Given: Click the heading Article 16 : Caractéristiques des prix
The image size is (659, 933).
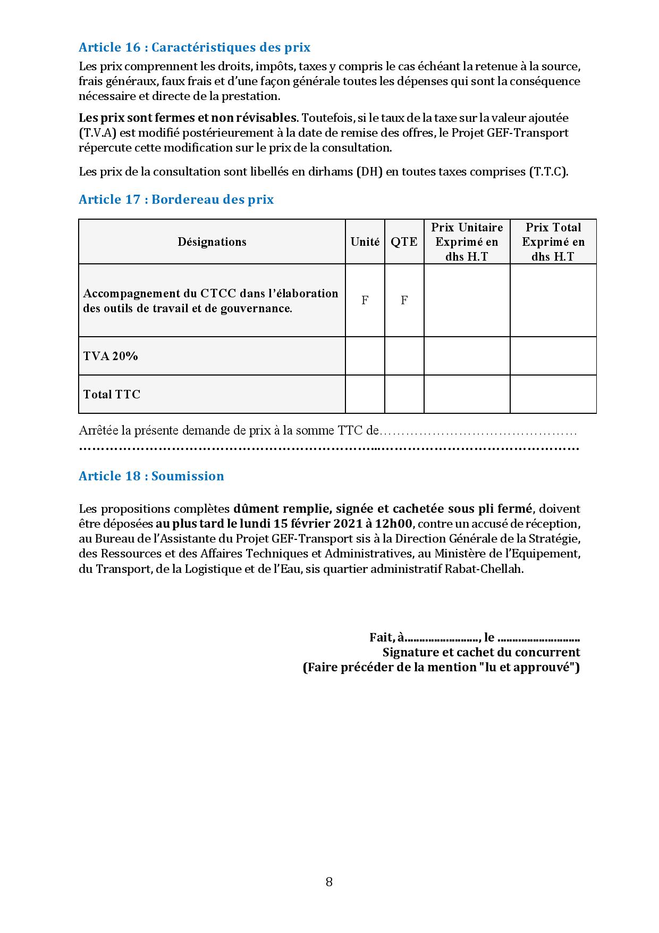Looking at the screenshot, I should click(x=195, y=47).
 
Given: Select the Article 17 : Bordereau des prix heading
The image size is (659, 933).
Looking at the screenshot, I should click(x=176, y=199).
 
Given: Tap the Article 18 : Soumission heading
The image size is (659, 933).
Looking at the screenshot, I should click(x=151, y=476).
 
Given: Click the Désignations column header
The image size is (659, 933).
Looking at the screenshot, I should click(x=212, y=242).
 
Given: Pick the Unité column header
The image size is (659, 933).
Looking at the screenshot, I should click(x=365, y=242).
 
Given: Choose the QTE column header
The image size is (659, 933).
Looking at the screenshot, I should click(x=404, y=242).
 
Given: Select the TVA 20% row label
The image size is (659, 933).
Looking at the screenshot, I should click(x=111, y=356).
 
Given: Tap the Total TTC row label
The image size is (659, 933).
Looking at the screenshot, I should click(x=112, y=395).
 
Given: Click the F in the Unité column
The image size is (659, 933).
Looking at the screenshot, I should click(x=365, y=301).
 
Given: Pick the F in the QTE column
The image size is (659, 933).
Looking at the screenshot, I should click(x=404, y=301).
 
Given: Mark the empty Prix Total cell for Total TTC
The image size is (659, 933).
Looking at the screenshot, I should click(x=553, y=395).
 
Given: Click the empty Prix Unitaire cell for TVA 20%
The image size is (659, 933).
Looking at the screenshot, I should click(x=467, y=356).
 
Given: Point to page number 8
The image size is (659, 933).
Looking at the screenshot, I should click(x=329, y=882).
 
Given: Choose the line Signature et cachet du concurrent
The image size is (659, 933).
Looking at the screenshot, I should click(x=481, y=653).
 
